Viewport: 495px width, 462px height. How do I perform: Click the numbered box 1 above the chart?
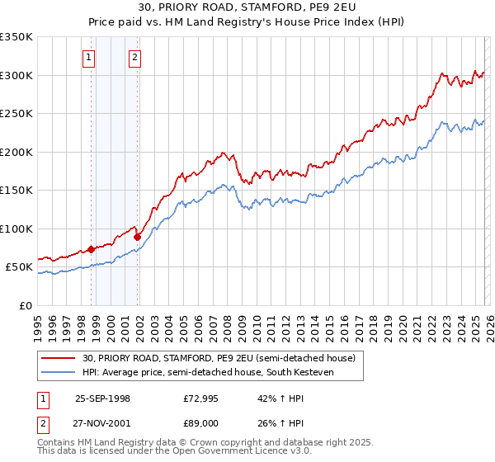point(88,58)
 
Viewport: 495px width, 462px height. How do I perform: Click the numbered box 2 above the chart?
point(134,58)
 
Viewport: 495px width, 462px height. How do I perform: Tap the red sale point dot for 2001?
point(138,237)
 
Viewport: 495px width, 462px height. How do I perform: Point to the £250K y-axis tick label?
point(16,114)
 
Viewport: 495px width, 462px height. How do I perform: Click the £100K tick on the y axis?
point(16,229)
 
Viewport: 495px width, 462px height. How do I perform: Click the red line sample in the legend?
point(59,358)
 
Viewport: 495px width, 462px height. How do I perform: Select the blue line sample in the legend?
point(59,372)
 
